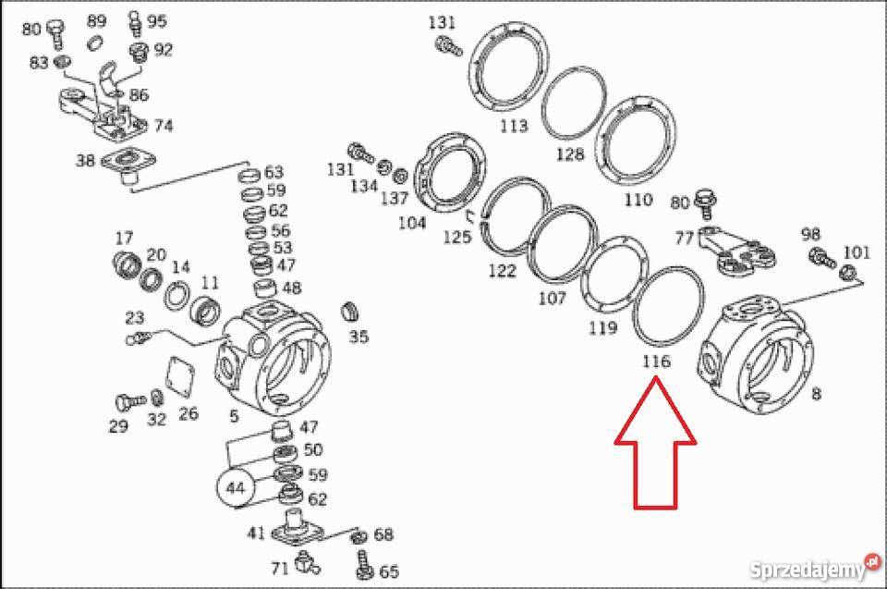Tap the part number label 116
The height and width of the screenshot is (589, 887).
pos(655,362)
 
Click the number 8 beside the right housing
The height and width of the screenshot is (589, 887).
pos(816,395)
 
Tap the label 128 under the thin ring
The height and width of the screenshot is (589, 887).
pos(570,154)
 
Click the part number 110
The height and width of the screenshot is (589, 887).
pos(638,200)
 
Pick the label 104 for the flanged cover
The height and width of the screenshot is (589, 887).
pos(411,223)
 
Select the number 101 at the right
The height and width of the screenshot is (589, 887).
pos(857,251)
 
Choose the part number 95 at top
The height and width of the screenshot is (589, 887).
pos(157,21)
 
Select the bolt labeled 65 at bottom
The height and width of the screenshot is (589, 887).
pos(361,561)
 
